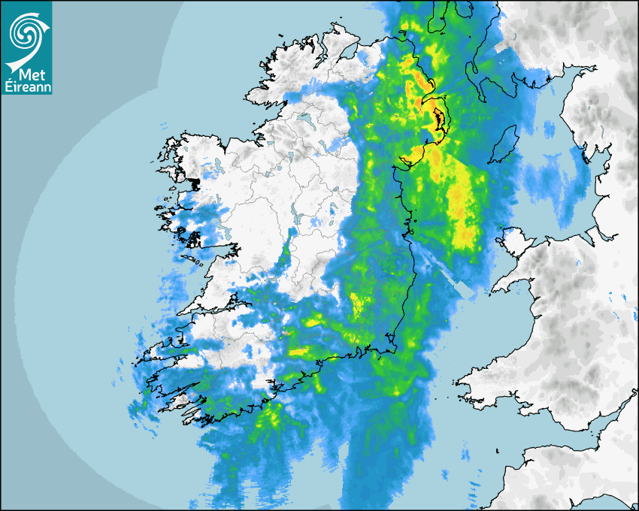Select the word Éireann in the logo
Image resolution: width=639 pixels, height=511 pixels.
point(26,86)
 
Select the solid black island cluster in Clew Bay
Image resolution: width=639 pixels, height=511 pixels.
point(195,183)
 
